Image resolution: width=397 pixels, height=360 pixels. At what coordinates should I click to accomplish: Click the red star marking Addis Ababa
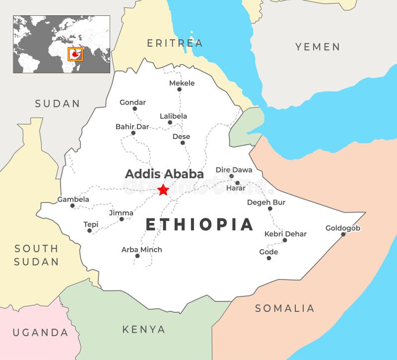pyautogui.click(x=163, y=190)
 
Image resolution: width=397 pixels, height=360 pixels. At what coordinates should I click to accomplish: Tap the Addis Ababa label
pyautogui.click(x=164, y=174)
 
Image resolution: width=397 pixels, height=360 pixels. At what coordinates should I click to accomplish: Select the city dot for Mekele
pyautogui.click(x=179, y=90)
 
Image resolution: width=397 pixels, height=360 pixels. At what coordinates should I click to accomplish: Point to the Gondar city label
pyautogui.click(x=132, y=102)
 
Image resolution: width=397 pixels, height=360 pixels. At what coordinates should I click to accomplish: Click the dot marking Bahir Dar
pyautogui.click(x=133, y=133)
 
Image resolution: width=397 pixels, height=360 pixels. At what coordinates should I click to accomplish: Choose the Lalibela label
pyautogui.click(x=173, y=116)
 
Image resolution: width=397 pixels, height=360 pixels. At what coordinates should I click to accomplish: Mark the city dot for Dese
pyautogui.click(x=183, y=143)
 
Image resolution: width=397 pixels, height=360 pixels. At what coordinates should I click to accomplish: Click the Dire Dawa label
pyautogui.click(x=234, y=170)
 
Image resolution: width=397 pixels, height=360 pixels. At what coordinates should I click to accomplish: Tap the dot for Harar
pyautogui.click(x=237, y=183)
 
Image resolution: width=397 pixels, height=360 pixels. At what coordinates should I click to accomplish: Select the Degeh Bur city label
pyautogui.click(x=266, y=202)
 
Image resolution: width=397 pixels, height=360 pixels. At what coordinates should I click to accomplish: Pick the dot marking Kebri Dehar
pyautogui.click(x=285, y=240)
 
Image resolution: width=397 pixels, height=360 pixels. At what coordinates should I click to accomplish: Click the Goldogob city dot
pyautogui.click(x=343, y=234)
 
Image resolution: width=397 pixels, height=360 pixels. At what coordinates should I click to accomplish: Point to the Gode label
pyautogui.click(x=268, y=252)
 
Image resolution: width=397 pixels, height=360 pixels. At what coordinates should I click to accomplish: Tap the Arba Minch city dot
pyautogui.click(x=137, y=256)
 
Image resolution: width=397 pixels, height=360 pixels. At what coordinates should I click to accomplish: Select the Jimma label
pyautogui.click(x=121, y=213)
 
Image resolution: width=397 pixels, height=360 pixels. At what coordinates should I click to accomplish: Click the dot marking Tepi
pyautogui.click(x=90, y=230)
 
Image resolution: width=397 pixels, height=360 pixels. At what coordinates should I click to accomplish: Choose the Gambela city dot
pyautogui.click(x=72, y=206)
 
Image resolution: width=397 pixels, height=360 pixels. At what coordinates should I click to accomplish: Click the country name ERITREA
pyautogui.click(x=175, y=43)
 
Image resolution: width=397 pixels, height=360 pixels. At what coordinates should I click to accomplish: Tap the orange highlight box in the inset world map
pyautogui.click(x=75, y=54)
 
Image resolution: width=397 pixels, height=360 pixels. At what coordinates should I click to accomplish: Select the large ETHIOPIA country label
pyautogui.click(x=199, y=224)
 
